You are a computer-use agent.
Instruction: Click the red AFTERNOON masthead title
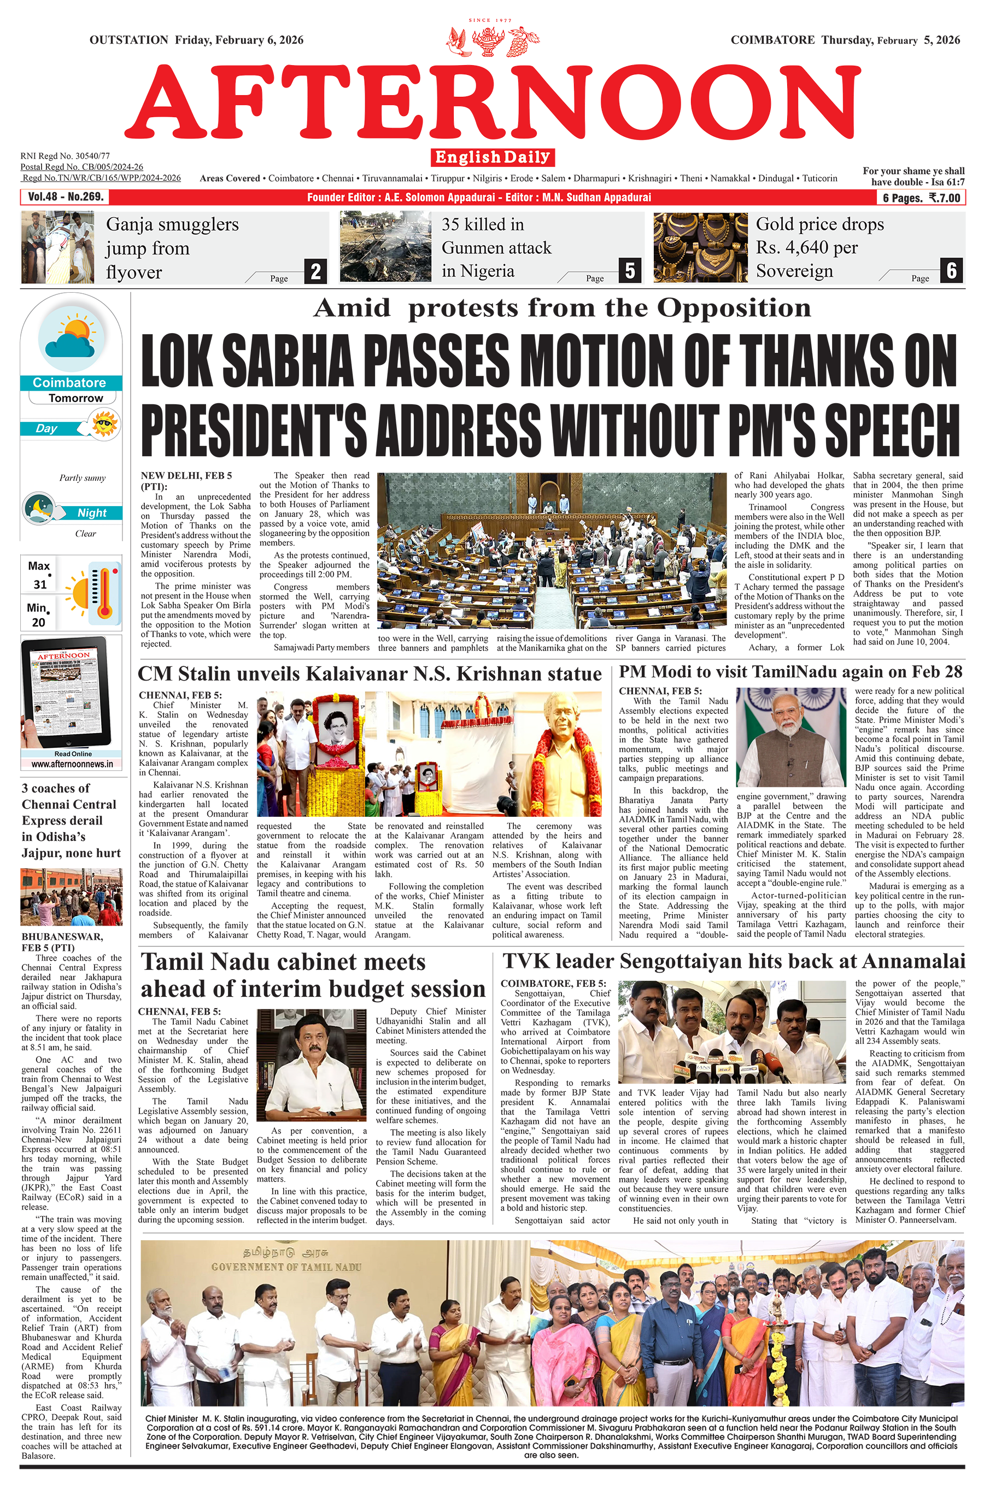493,106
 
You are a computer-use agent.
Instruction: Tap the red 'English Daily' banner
493,157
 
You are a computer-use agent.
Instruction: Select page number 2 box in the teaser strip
315,271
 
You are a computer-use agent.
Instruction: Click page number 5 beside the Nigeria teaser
629,271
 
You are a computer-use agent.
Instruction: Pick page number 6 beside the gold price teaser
951,271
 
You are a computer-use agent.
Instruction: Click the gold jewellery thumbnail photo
700,247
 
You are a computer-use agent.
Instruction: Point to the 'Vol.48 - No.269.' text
65,197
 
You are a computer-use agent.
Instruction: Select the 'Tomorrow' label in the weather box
75,398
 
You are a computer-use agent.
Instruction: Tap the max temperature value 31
40,584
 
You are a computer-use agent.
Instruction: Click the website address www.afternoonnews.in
72,764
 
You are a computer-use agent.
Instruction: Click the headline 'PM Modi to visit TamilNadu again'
789,672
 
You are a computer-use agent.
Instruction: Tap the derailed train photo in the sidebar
71,897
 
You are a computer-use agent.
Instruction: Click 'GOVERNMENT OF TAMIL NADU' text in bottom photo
286,1267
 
